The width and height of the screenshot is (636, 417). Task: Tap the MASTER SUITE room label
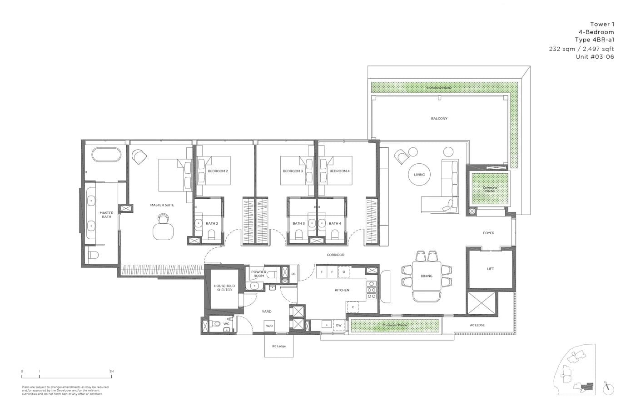coord(162,205)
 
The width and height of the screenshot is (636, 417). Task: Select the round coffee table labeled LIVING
coord(419,175)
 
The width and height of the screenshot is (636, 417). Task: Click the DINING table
coord(427,276)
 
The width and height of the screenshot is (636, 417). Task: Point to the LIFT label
coord(490,269)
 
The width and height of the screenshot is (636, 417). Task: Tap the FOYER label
coord(489,233)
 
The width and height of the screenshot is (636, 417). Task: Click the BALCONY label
coord(439,119)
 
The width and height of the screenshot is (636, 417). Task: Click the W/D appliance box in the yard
coord(269,326)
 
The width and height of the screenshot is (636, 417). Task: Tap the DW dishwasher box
coord(338,326)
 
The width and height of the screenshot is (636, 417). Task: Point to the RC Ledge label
coord(279,346)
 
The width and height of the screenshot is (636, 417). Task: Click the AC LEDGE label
coord(477,325)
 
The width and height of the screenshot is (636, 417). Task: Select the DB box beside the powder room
coord(293,274)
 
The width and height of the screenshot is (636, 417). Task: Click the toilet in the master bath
coord(93,255)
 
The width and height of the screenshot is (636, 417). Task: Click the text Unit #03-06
coord(595,57)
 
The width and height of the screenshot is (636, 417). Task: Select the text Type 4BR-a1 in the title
coord(594,40)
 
